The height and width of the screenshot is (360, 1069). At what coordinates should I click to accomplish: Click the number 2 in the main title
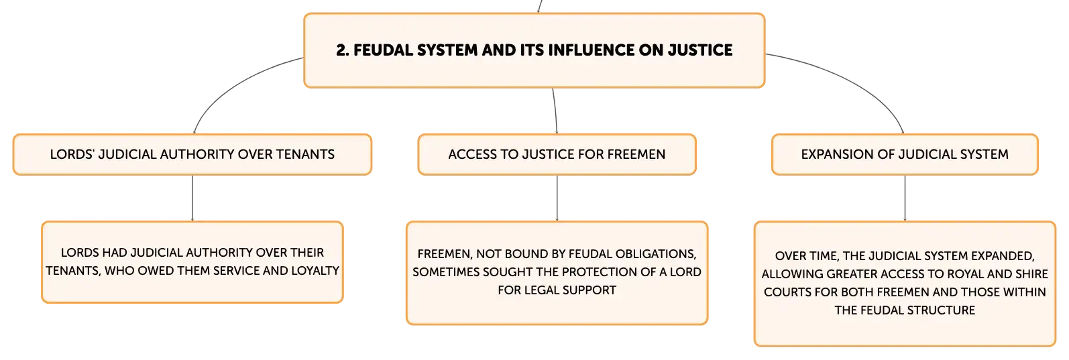coord(341,50)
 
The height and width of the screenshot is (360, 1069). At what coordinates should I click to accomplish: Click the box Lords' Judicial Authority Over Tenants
coord(192,155)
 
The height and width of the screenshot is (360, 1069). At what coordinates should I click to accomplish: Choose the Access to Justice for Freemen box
coord(557,155)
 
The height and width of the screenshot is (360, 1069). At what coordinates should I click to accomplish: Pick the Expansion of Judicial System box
coord(905,155)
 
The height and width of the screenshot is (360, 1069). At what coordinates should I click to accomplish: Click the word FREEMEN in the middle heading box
coord(636,155)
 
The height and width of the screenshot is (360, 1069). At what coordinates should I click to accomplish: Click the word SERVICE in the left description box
coord(235,271)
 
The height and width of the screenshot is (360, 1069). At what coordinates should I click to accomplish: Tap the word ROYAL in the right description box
coord(968,274)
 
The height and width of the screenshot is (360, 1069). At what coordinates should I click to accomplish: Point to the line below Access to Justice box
coord(556,198)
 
